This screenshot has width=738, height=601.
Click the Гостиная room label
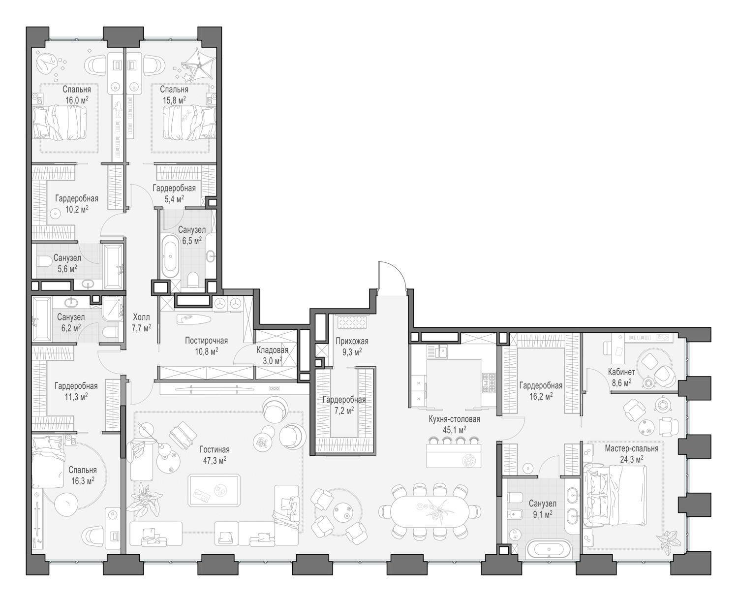point(215,450)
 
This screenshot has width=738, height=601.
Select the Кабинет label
point(621,372)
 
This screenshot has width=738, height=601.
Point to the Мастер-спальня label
point(631,449)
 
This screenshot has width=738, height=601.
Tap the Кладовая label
point(272,350)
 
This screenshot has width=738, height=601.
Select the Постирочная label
point(206,341)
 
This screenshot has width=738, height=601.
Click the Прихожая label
point(352,341)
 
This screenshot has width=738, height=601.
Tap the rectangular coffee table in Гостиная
point(215,490)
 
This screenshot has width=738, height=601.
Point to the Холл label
point(141,317)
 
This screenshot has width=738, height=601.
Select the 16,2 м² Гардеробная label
point(541,386)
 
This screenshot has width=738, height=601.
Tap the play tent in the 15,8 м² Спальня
point(199,64)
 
